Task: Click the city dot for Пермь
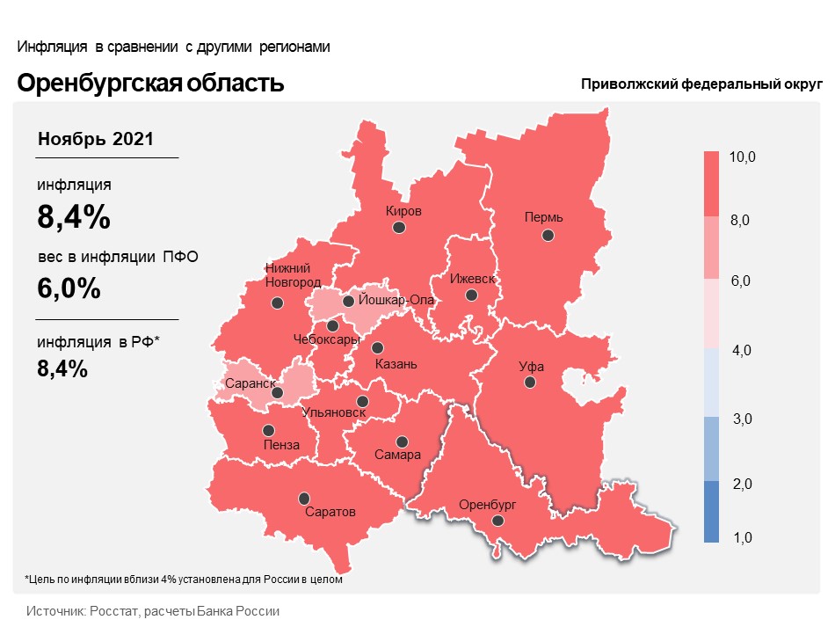click(548, 235)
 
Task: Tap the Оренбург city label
click(487, 504)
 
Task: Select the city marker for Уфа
click(530, 382)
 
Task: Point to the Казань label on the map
click(396, 364)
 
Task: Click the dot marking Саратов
click(304, 499)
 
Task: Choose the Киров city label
click(403, 211)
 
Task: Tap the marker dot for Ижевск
click(471, 295)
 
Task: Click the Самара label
click(397, 455)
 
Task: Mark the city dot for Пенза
click(268, 430)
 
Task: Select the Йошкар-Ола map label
click(396, 300)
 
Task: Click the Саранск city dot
click(277, 392)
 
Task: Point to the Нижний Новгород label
click(293, 275)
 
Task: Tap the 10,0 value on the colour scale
click(742, 157)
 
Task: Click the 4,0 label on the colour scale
click(741, 350)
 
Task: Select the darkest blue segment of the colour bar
click(711, 512)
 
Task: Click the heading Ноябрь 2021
click(95, 139)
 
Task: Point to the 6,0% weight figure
click(69, 288)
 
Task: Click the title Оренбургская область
click(150, 84)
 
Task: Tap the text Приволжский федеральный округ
click(701, 84)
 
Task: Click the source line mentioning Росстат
click(153, 611)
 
